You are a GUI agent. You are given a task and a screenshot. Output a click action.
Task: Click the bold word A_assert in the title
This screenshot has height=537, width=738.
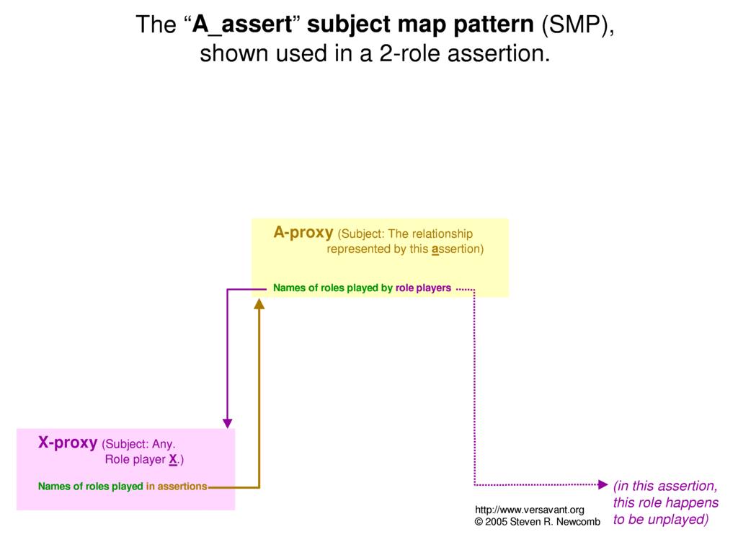[242, 25]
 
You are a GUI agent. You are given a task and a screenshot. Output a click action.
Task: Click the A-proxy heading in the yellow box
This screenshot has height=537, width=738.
[303, 233]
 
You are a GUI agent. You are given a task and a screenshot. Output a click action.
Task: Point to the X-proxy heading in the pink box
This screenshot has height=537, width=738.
[68, 443]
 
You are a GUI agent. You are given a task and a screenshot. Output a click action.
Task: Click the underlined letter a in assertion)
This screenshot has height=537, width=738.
[435, 249]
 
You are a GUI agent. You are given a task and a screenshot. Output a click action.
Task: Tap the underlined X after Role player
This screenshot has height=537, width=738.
[173, 460]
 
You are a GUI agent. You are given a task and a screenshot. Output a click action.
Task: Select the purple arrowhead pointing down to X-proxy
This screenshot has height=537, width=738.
[227, 423]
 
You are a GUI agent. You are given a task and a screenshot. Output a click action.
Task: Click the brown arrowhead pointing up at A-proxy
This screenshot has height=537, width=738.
[259, 304]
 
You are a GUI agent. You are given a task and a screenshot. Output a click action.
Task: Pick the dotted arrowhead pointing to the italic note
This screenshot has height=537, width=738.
[603, 484]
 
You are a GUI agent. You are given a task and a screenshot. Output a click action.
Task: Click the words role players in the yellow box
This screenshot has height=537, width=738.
[423, 288]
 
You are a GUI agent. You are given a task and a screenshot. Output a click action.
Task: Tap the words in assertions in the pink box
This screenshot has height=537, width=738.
[177, 487]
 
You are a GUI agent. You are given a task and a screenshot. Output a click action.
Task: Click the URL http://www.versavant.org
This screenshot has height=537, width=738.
[530, 510]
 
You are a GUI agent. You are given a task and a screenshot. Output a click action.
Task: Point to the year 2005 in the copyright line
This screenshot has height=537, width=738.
[496, 522]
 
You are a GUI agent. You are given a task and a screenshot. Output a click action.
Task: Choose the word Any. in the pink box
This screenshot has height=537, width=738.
[164, 444]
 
